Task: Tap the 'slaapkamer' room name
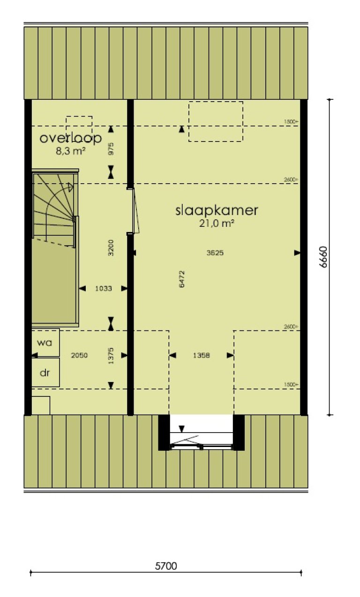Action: tap(217, 210)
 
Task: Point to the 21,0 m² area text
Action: tap(217, 224)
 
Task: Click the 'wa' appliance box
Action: tap(45, 342)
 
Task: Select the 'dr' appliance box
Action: tap(45, 373)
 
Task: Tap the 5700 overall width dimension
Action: tap(166, 566)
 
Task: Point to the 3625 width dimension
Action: tap(215, 253)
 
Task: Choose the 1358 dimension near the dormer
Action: tap(201, 355)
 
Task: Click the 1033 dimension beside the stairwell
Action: tap(103, 289)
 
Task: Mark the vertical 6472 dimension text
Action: tap(182, 278)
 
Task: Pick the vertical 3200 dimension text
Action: tap(111, 247)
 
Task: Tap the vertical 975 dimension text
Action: tap(111, 149)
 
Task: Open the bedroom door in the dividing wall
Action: tap(134, 211)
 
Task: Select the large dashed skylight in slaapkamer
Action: tap(216, 121)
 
